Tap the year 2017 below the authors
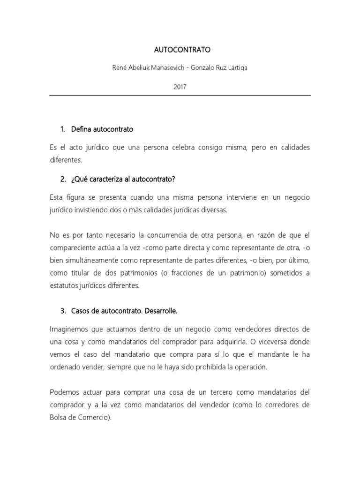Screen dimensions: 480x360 pos(180,86)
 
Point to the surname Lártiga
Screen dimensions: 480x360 pos(236,67)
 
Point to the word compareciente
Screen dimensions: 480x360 pos(72,247)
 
